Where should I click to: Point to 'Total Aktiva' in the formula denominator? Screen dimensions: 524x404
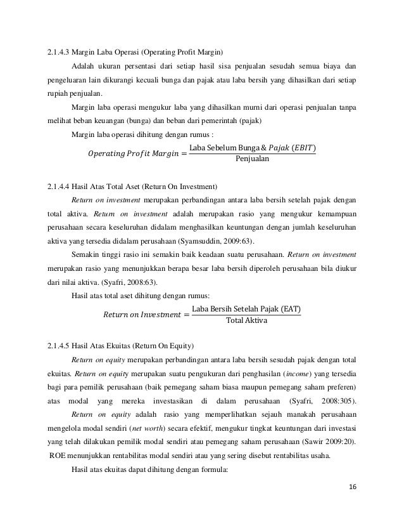pyautogui.click(x=246, y=322)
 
